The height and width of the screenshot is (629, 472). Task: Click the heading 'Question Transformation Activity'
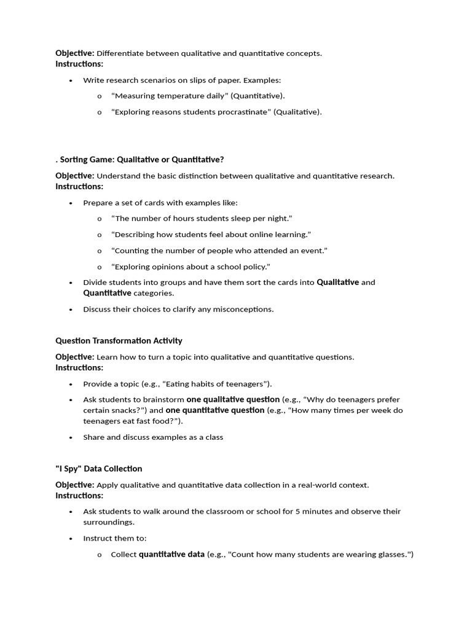click(119, 341)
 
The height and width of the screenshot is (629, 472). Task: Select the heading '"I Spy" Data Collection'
click(98, 469)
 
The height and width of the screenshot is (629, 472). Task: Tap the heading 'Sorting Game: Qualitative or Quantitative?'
click(141, 160)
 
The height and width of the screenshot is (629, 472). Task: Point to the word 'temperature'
click(171, 96)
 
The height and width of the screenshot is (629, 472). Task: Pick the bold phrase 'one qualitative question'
click(233, 399)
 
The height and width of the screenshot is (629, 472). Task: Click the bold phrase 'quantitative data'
click(171, 555)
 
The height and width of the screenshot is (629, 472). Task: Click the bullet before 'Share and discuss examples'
click(71, 438)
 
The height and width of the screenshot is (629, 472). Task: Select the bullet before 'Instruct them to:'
click(71, 539)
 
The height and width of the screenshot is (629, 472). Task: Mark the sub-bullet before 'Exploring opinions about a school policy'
click(99, 267)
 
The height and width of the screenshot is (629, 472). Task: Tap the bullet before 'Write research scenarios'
click(71, 80)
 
